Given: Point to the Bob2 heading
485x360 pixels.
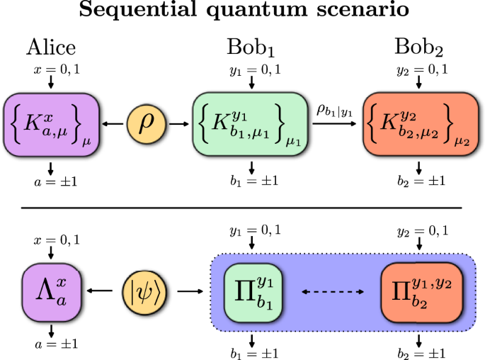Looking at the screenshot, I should click(x=419, y=48).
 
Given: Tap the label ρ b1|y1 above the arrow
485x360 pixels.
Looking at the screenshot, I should click(x=336, y=109).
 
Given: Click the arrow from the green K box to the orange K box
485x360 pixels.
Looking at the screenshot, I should click(x=336, y=123).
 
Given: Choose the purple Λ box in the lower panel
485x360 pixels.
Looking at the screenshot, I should click(x=51, y=290).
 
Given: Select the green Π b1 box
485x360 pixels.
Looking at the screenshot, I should click(x=251, y=290).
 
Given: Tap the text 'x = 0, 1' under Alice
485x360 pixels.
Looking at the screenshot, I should click(x=51, y=69).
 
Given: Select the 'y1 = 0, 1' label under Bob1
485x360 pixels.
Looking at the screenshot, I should click(x=252, y=69).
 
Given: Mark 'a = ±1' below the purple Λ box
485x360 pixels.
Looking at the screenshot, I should click(x=51, y=345).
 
